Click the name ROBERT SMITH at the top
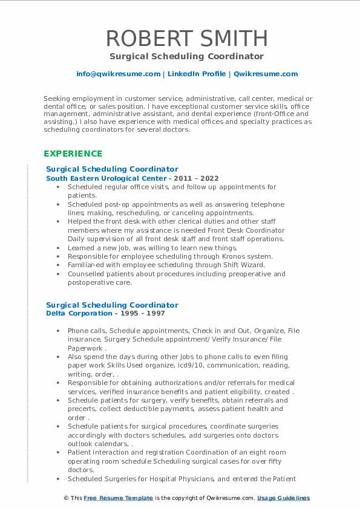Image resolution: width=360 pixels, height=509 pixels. pos(186,38)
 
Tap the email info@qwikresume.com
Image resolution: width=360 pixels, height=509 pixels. pos(118,74)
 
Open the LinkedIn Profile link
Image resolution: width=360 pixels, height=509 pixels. pos(197,74)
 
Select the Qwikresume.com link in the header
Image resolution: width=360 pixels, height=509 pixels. pos(266,74)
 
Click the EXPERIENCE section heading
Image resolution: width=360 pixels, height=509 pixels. pos(73,154)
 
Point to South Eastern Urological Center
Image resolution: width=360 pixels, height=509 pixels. pos(106,178)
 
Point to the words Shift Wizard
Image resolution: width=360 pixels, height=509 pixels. pos(244,265)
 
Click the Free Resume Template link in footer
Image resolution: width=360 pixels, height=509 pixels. pos(118,498)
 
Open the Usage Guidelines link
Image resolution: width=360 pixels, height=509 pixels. pos(283,498)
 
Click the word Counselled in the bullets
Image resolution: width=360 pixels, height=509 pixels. pos(88,274)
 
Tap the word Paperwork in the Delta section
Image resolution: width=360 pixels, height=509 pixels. pos(84,348)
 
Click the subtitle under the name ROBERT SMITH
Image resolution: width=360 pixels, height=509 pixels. pos(186,56)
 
